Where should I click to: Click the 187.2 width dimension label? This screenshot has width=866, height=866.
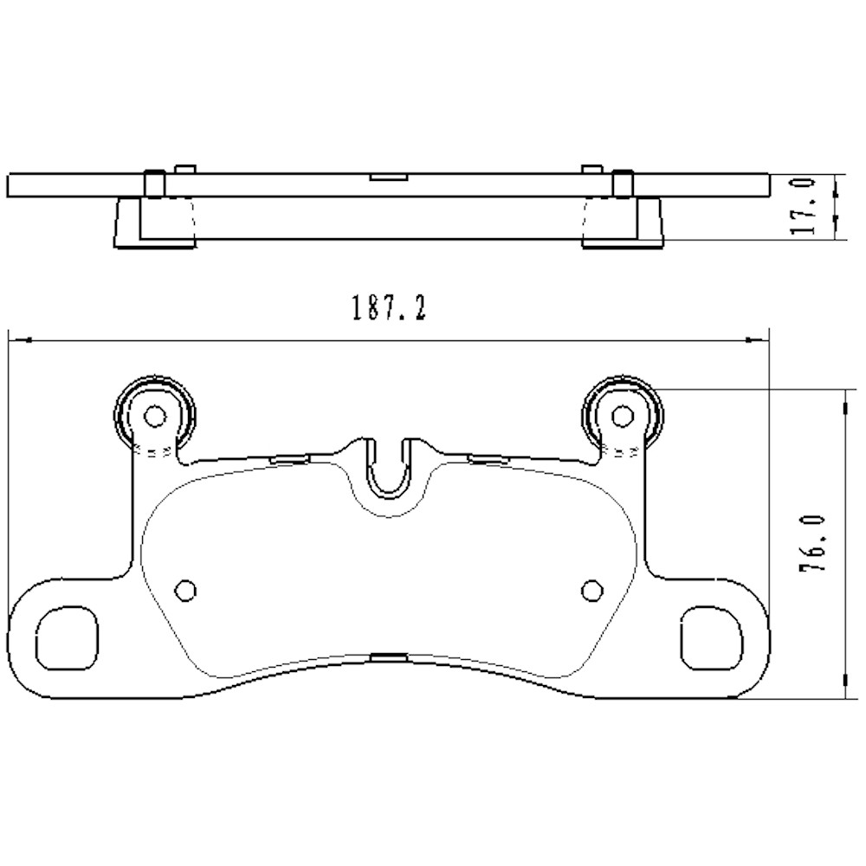click(387, 307)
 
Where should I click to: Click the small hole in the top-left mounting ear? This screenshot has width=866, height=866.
click(154, 417)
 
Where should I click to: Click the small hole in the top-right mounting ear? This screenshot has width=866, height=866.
click(622, 417)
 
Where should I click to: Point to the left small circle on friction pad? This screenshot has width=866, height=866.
click(185, 590)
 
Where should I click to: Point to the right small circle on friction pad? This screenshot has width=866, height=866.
click(591, 590)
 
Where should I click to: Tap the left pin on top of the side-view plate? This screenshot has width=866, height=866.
click(153, 183)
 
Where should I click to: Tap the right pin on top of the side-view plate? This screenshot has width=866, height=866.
click(621, 183)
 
